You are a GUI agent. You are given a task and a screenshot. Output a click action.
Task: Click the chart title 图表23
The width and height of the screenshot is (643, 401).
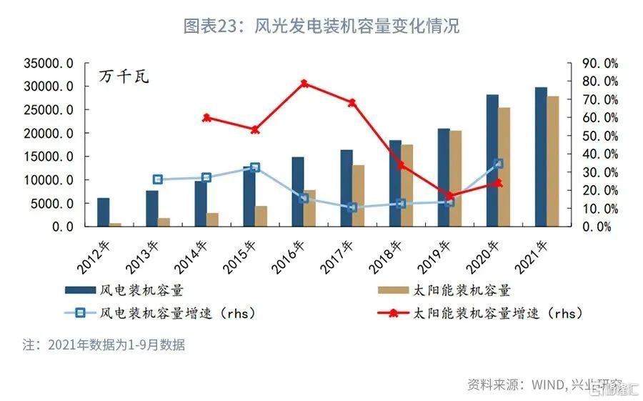(x=321, y=26)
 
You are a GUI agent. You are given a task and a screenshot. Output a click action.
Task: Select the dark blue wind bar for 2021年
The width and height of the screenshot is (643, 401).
(x=541, y=157)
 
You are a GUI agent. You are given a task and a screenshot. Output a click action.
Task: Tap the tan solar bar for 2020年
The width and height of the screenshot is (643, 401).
(x=504, y=167)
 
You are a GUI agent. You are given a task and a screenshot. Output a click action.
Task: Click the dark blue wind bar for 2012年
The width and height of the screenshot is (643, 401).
(x=104, y=212)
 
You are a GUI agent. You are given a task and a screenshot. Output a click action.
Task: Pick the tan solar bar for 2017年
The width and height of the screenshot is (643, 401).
(x=359, y=195)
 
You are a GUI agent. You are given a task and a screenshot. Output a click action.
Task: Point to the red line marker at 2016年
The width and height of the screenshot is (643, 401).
(x=304, y=84)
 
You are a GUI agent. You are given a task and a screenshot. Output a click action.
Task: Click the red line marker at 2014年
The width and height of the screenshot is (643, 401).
(x=206, y=118)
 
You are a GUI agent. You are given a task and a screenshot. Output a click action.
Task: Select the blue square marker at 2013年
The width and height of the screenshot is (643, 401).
(x=158, y=179)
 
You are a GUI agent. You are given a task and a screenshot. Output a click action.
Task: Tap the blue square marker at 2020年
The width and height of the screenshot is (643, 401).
(x=498, y=164)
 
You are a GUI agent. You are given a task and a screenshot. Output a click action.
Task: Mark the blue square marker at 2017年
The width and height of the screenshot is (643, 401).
(x=352, y=207)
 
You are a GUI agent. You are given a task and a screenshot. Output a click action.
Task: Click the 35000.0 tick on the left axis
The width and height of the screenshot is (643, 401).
(x=49, y=64)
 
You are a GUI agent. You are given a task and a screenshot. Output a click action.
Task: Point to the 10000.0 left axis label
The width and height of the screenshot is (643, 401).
(x=49, y=180)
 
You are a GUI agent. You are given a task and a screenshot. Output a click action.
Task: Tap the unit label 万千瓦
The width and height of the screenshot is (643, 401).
(x=124, y=76)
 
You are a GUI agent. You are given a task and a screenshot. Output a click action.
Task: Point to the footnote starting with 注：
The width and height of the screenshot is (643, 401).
(x=104, y=345)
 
